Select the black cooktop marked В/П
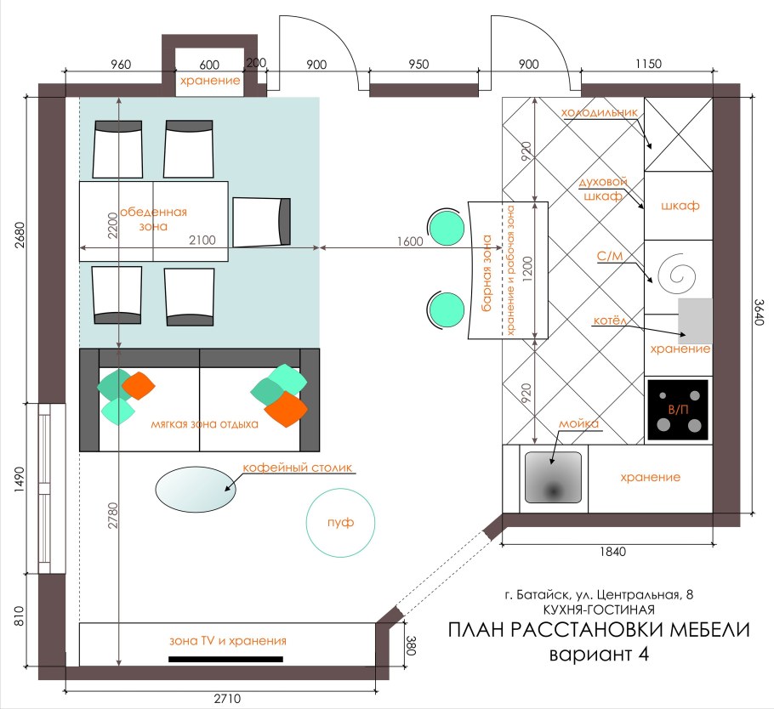(x=678, y=410)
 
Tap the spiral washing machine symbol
(x=679, y=275)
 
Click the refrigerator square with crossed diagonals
(x=678, y=136)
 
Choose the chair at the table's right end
(x=261, y=222)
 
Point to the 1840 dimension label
(x=612, y=552)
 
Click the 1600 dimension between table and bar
(x=409, y=241)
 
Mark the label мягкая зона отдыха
(x=204, y=423)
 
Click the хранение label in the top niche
(x=209, y=81)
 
